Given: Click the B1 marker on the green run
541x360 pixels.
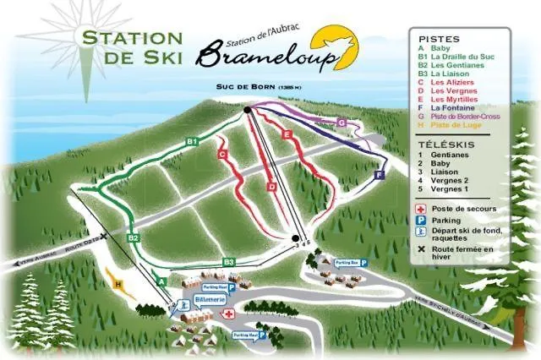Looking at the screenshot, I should coord(192,139).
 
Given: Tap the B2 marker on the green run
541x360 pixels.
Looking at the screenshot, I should coord(133,238).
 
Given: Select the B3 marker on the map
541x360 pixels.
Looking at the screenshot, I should coord(228,262).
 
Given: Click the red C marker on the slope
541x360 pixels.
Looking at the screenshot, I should coord(222,155).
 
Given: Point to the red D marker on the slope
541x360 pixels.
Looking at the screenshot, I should coord(271,186).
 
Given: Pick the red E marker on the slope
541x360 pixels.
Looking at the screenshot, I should coord(287,134).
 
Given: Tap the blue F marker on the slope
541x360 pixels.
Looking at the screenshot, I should coord(379,174).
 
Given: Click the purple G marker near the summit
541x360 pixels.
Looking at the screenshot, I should coord(342,123).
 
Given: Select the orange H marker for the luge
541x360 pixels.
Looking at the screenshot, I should coord(118,283).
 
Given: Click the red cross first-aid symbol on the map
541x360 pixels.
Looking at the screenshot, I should coord(226,314).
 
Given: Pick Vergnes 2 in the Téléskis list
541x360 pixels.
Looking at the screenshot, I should coord(448,180).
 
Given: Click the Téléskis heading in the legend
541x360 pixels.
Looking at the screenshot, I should coord(439,145).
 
